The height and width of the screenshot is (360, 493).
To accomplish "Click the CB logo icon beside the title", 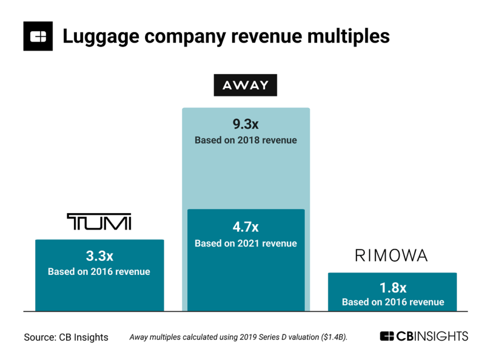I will pos(38,36).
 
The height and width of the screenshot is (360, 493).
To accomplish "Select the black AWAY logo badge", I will pos(245,85).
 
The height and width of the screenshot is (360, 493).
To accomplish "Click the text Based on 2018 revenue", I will pos(245,140).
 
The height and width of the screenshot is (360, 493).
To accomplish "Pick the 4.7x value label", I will pos(245,227).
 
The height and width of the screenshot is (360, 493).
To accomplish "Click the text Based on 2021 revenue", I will pos(245,243).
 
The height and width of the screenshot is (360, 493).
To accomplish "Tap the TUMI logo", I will pos(99,221).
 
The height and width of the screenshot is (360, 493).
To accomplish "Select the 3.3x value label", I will pos(99,256).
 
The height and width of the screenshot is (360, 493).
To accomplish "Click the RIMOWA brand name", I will pos(391,256).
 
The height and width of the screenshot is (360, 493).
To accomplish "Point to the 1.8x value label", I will pos(393,288).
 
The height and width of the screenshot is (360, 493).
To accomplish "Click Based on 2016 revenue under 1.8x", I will pos(393,302).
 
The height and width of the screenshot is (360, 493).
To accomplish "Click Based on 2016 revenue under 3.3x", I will pos(99,271).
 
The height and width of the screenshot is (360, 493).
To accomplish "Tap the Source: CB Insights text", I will pos(66,337).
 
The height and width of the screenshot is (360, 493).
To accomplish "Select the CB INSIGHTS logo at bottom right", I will pos(424,336).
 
